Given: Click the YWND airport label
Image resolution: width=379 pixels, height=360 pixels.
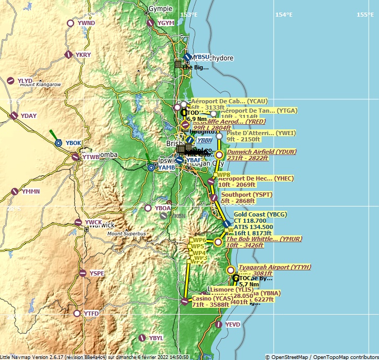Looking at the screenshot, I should (x=86, y=23).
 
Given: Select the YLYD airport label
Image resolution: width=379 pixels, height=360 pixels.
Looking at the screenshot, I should (x=25, y=81).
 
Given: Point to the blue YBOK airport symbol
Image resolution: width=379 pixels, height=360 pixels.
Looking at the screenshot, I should (x=58, y=143).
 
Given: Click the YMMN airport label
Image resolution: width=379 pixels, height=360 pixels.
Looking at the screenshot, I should (x=30, y=191).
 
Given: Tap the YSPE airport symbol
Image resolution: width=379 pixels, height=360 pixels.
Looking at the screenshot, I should (x=82, y=273).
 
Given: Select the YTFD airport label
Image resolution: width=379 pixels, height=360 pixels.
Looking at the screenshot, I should (x=91, y=314).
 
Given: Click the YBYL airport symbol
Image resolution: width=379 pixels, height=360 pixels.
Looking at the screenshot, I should (x=143, y=338).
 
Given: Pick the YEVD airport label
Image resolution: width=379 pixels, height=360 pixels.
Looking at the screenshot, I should (x=233, y=325).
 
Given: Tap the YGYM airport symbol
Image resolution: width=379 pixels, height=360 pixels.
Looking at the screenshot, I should (x=150, y=23).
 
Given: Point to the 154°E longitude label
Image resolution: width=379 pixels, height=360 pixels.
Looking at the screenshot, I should (x=284, y=15).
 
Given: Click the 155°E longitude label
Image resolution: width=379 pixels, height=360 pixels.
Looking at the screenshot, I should (x=365, y=15).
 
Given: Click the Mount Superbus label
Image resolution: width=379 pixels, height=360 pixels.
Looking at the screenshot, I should (x=127, y=233).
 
